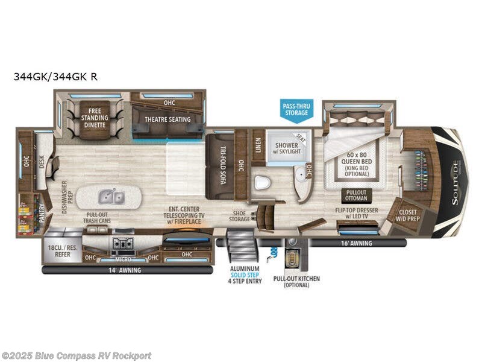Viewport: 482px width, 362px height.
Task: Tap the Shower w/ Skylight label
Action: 287,149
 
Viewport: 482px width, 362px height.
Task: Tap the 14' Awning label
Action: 126,270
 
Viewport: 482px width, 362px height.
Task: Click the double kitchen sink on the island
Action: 111,196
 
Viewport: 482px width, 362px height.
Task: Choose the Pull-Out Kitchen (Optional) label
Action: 296,281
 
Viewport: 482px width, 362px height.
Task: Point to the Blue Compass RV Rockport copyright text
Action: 77,355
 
